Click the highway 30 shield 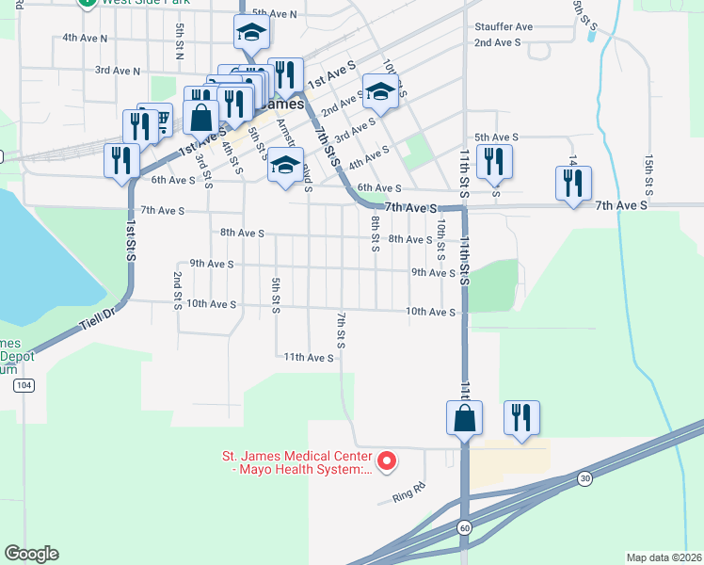[x=584, y=477]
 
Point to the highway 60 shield [x=465, y=528]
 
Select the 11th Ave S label [x=310, y=358]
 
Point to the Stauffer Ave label [x=504, y=27]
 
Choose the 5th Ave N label [x=274, y=14]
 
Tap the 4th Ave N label [x=85, y=39]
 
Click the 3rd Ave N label [x=118, y=71]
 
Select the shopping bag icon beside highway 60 [x=465, y=417]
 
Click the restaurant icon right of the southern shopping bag [x=521, y=417]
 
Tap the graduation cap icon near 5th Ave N [x=250, y=34]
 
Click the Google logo [x=31, y=554]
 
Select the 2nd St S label [x=177, y=291]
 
